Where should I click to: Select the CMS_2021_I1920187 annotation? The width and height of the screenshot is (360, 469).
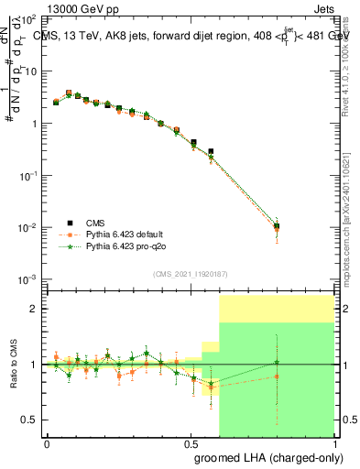(189, 273)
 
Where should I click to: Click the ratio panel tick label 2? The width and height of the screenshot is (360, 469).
(33, 310)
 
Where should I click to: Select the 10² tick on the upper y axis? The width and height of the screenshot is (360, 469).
(28, 18)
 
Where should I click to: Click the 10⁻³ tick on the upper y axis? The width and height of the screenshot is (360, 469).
(28, 278)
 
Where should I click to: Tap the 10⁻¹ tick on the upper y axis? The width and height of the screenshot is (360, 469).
(28, 174)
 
